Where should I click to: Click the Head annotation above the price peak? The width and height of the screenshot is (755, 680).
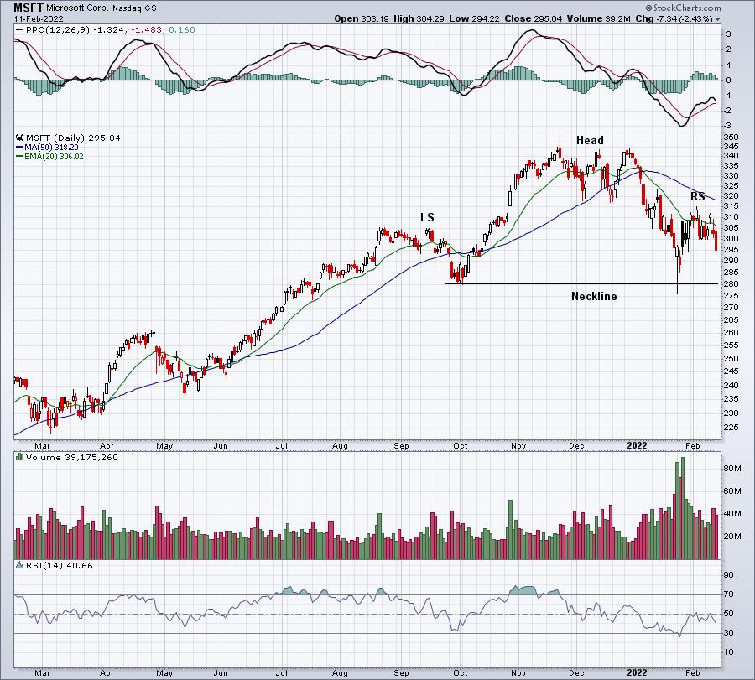589,140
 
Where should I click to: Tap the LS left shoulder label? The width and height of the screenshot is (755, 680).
427,217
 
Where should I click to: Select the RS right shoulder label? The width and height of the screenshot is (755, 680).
697,196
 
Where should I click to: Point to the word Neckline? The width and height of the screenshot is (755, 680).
594,296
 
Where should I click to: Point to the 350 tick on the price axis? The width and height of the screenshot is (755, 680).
732,137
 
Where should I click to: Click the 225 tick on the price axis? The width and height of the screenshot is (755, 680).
732,426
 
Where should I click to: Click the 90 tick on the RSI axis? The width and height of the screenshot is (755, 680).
730,575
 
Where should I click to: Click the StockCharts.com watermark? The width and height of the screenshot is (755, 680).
678,86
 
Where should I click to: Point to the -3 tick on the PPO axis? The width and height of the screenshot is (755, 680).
727,124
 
